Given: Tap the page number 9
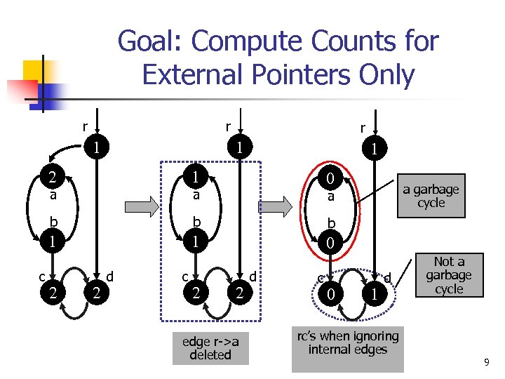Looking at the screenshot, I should pos(486,362).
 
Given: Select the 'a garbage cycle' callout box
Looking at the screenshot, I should pos(431,196).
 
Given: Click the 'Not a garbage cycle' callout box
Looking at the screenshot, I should pos(449,275).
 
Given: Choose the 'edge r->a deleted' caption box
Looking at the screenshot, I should pos(210,348).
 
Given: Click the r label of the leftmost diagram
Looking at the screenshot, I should pos(85,128).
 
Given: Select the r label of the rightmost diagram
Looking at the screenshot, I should pos(362,128).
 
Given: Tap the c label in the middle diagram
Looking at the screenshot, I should pos(185,277).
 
